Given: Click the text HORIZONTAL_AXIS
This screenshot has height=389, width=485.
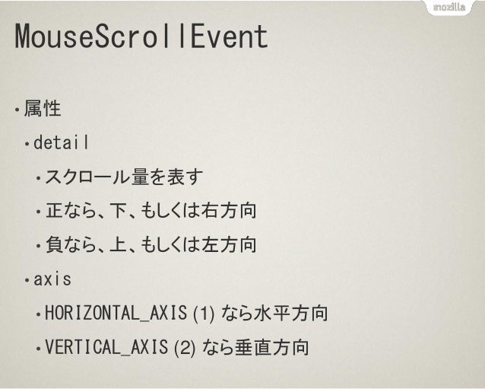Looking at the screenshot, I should tap(118, 314).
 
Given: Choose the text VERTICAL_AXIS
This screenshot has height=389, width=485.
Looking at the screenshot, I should tap(108, 349).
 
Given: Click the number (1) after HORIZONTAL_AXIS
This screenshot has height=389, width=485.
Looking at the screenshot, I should tap(207, 314).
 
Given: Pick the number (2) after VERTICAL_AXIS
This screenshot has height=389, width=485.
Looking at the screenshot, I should tap(187, 349).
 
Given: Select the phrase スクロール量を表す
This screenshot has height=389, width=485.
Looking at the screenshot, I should tap(124, 177).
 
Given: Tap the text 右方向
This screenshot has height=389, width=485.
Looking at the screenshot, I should tap(227, 211).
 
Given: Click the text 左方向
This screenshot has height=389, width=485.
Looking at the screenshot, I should tap(227, 245).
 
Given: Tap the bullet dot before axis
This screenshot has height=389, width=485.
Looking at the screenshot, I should tap(27, 281).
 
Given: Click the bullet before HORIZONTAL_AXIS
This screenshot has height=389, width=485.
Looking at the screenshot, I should tap(38, 315).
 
